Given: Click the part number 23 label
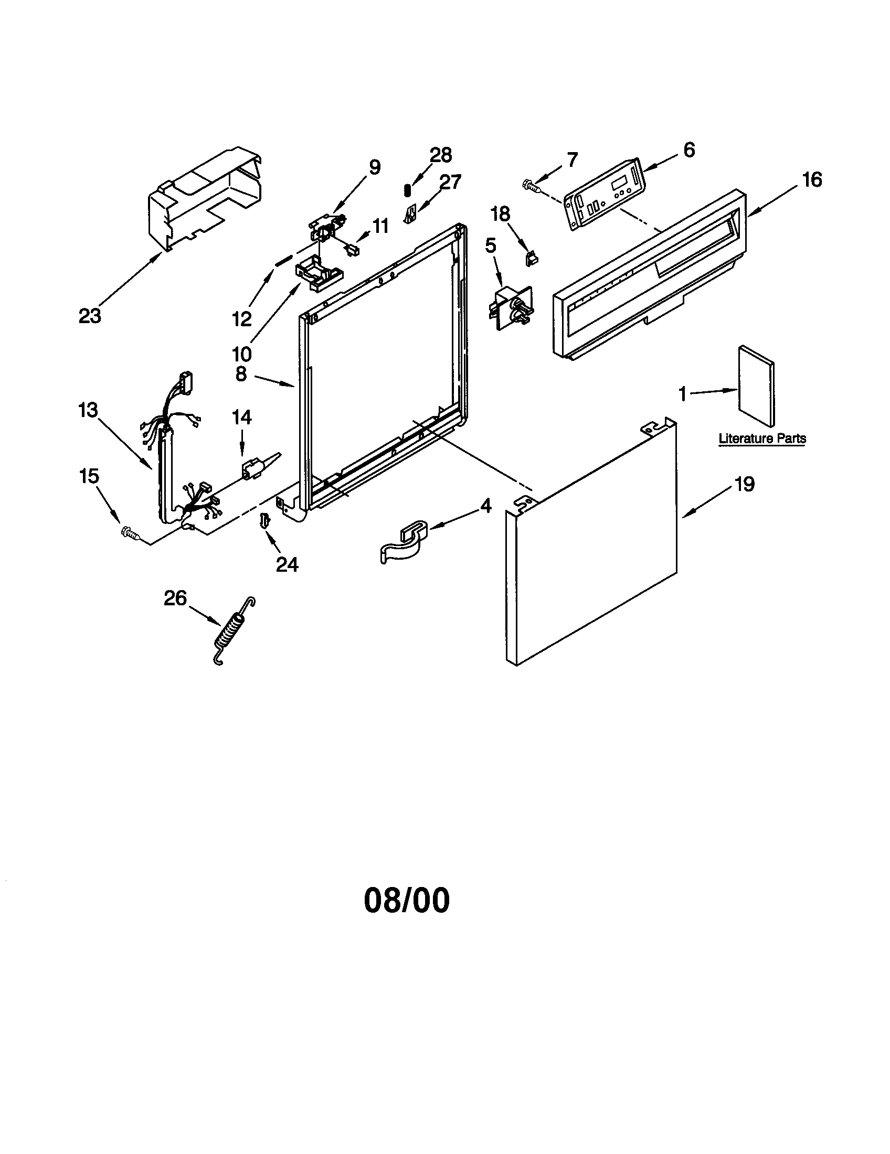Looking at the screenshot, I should pyautogui.click(x=90, y=316).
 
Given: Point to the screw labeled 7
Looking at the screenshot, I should pyautogui.click(x=530, y=186).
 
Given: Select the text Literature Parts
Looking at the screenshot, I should pyautogui.click(x=762, y=439).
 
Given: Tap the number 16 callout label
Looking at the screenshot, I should pyautogui.click(x=812, y=180).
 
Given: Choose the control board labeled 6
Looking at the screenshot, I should pyautogui.click(x=605, y=194).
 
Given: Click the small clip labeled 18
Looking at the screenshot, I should pyautogui.click(x=531, y=258).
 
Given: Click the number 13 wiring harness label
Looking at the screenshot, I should pyautogui.click(x=88, y=410).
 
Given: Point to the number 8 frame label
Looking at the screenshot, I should pyautogui.click(x=241, y=374).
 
